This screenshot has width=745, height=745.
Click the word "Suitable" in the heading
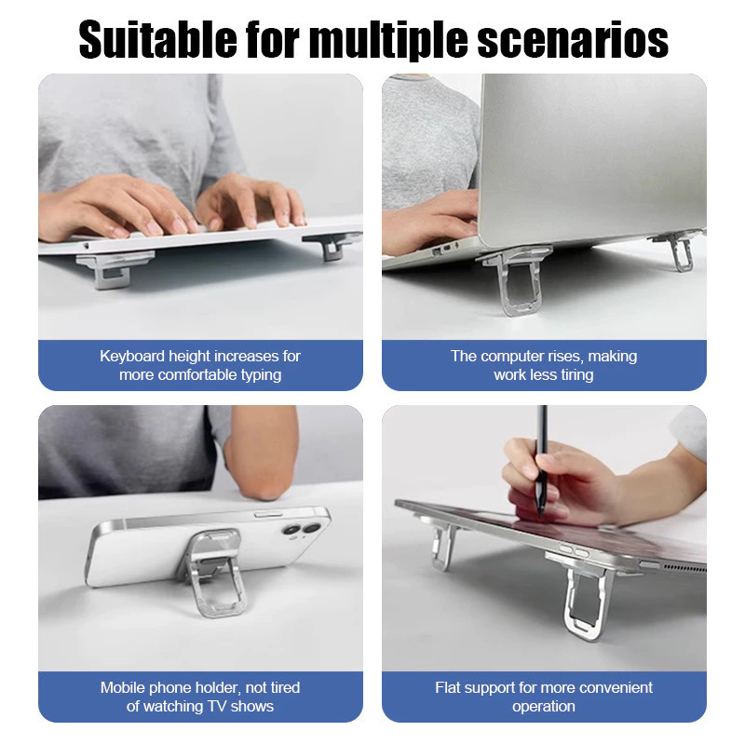[x=157, y=40]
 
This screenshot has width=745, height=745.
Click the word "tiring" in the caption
[x=577, y=375]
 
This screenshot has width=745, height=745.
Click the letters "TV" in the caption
[x=217, y=707]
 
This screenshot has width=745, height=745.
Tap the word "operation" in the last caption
[x=544, y=707]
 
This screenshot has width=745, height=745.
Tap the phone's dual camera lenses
[x=302, y=529]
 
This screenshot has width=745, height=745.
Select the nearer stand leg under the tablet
[x=582, y=594]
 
